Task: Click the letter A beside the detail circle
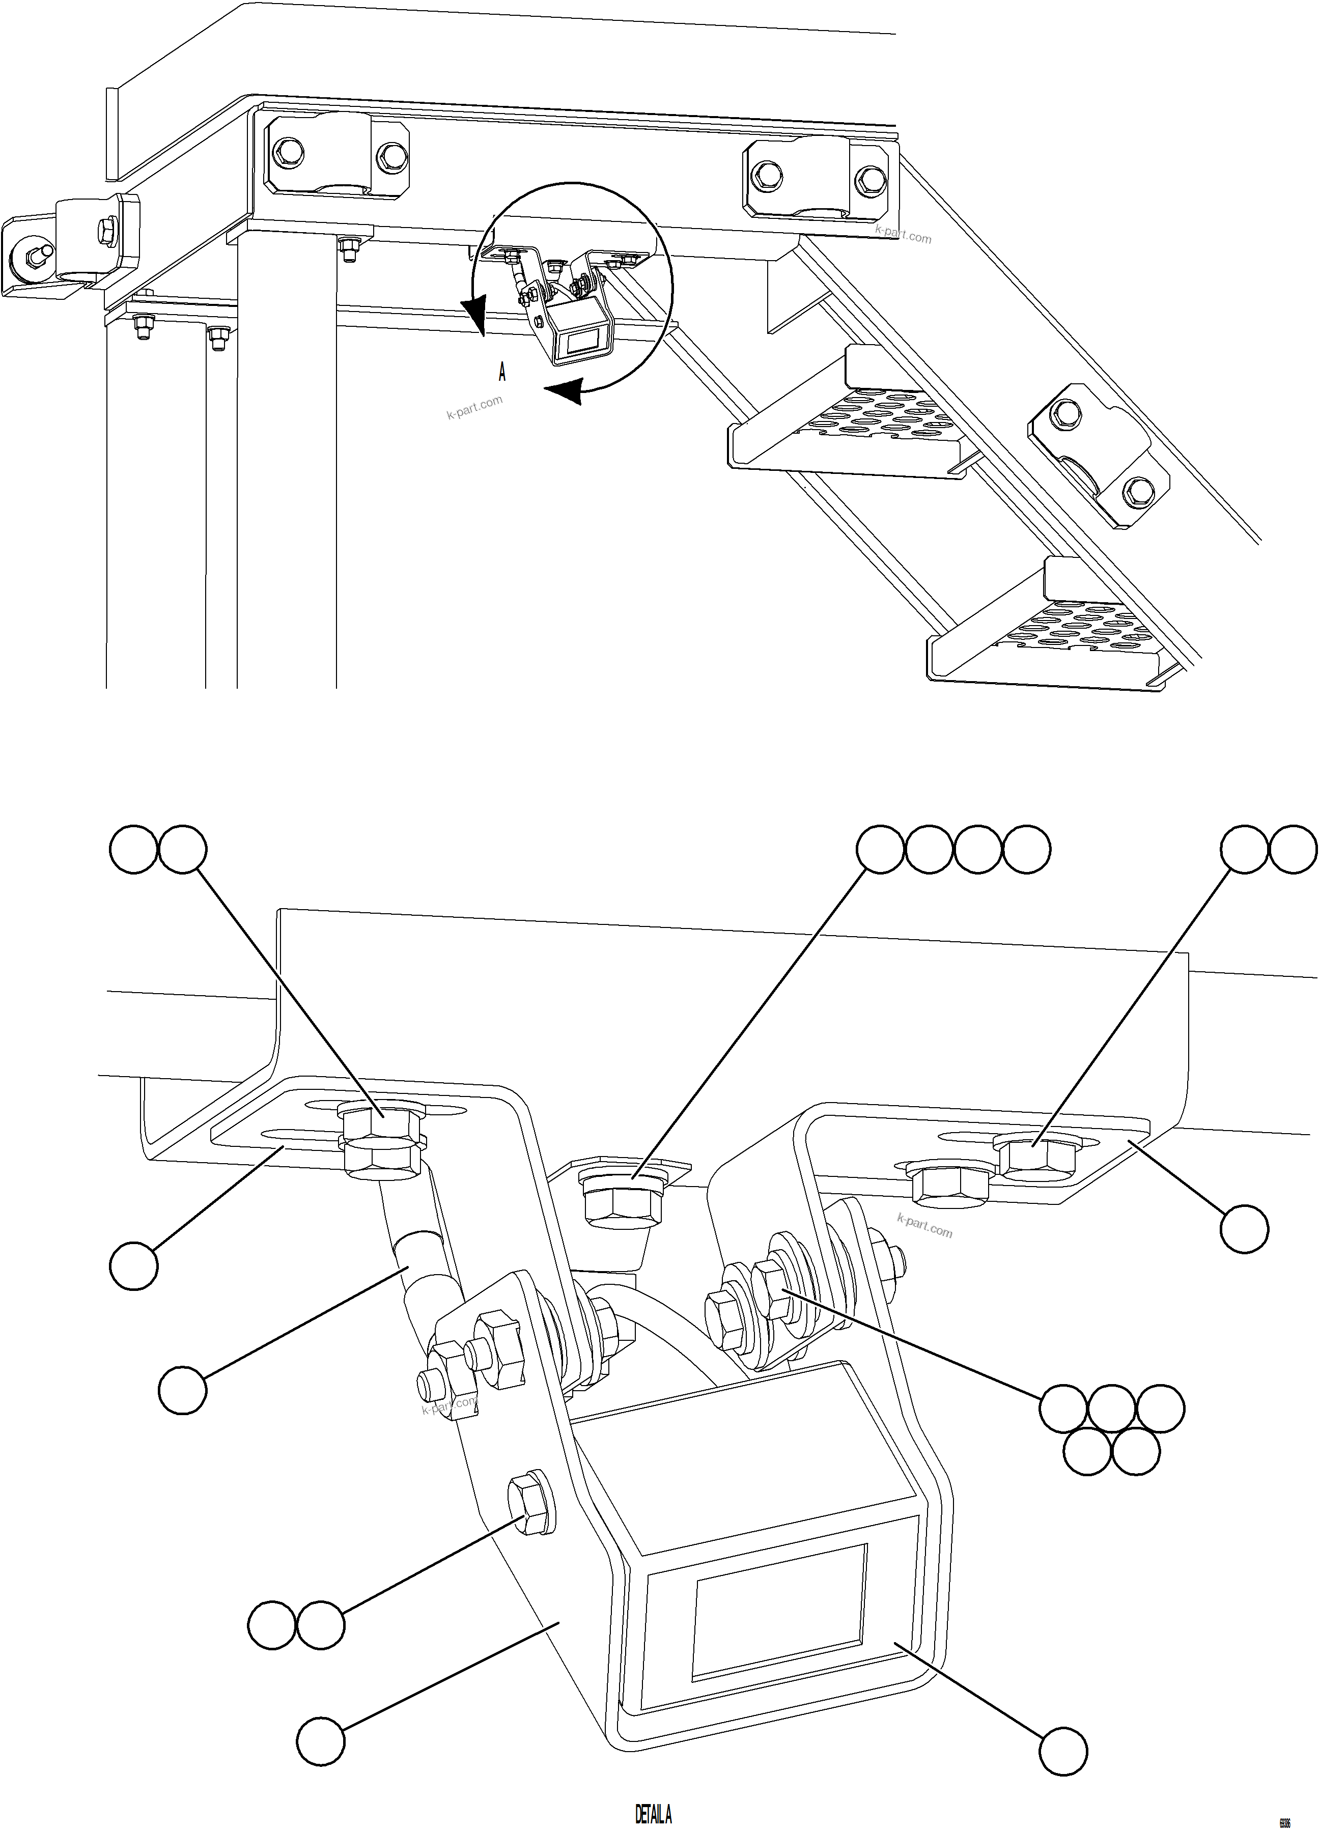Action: click(x=502, y=372)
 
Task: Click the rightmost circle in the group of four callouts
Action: click(x=1026, y=850)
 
